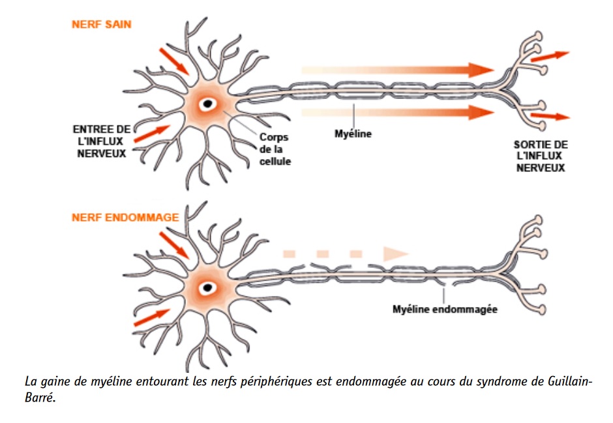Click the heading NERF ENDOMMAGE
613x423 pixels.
tap(125, 217)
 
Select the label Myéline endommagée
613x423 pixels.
tap(445, 309)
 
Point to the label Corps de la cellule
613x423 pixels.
tap(274, 149)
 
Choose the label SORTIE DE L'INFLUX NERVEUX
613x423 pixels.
tap(541, 156)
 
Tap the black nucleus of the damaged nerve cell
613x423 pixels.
tap(208, 286)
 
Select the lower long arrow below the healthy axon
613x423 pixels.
tap(398, 113)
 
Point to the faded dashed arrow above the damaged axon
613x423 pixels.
tap(346, 253)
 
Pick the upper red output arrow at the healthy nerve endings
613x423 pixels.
tap(550, 56)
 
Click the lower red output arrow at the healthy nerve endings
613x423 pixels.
tap(550, 117)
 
